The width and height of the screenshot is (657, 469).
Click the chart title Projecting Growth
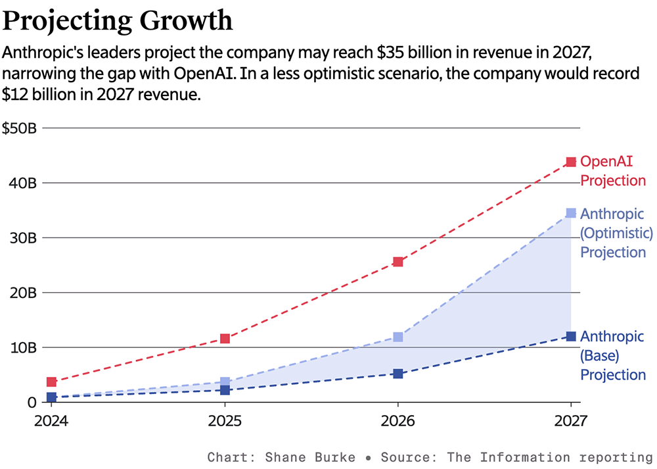[118, 21]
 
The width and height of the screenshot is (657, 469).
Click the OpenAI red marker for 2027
[571, 162]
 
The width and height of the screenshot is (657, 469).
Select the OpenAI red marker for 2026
[397, 262]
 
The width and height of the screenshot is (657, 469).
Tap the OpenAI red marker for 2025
[225, 339]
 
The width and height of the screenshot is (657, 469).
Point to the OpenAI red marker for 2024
[51, 382]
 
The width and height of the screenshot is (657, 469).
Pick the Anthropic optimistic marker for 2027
[571, 213]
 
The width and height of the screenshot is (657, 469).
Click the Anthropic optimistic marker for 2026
[397, 337]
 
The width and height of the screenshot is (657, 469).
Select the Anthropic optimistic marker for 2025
[225, 382]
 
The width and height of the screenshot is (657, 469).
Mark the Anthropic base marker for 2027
[571, 337]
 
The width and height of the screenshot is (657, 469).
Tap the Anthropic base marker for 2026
[397, 374]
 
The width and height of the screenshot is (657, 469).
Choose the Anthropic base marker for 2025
[225, 390]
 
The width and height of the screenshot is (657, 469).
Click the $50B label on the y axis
[20, 128]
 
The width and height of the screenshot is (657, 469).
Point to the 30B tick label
[22, 237]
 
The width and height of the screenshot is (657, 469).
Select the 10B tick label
[22, 347]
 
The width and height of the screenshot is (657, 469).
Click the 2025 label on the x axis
[225, 420]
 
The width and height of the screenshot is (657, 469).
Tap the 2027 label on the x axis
[570, 420]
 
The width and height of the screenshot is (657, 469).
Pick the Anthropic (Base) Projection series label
[612, 356]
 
